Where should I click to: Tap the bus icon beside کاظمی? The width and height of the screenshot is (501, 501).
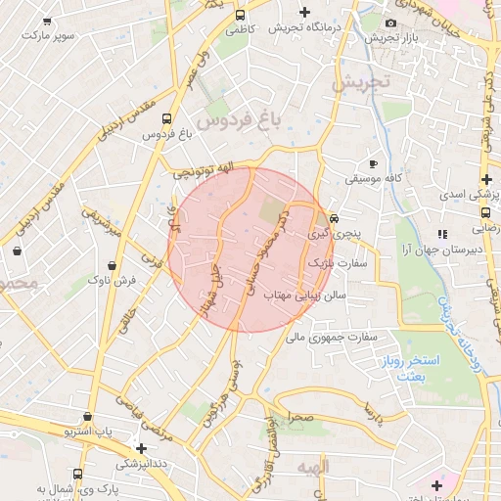click(x=240, y=15)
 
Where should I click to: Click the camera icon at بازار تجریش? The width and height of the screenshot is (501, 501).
click(x=390, y=23)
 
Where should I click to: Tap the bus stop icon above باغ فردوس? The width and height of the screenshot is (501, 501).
click(x=166, y=119)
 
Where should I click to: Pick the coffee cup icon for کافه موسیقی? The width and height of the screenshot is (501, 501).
click(x=372, y=162)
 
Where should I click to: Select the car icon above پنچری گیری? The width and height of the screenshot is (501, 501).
click(x=335, y=219)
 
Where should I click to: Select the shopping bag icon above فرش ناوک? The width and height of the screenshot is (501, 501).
click(x=114, y=263)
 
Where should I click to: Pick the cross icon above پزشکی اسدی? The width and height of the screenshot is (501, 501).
click(x=486, y=179)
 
